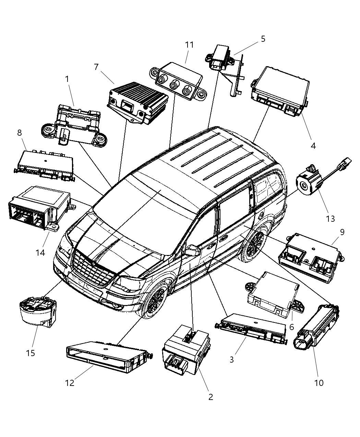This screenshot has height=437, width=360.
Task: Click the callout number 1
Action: (67, 79)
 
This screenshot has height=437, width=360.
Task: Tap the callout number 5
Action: (263, 39)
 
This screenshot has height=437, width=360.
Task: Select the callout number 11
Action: (189, 45)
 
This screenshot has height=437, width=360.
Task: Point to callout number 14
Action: (40, 253)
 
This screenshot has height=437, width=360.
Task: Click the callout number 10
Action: (319, 383)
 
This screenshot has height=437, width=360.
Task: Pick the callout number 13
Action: (330, 219)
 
